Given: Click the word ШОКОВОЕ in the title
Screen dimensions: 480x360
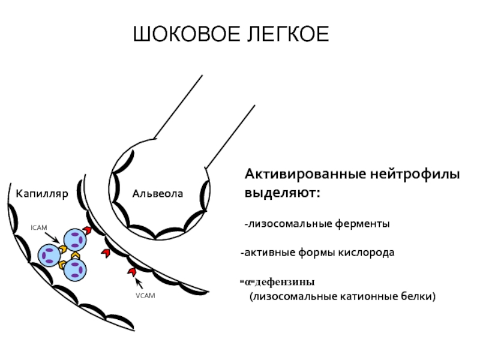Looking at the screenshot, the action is [187, 34].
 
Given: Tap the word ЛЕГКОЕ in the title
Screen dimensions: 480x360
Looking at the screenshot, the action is [288, 34].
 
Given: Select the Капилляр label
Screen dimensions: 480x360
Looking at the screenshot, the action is [42, 194].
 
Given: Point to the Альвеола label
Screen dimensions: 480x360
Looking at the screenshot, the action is [158, 194].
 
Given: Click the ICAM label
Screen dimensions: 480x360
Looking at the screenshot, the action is [39, 228].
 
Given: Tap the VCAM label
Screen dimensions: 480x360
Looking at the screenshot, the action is [145, 296].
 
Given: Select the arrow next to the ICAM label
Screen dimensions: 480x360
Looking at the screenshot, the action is [52, 238].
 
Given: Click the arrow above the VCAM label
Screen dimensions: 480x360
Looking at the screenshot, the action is [139, 283].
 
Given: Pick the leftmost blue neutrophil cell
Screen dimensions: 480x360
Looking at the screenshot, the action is [49, 256].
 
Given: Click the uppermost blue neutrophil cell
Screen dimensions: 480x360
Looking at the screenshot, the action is [75, 239].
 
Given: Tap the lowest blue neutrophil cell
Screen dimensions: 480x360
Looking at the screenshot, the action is [75, 269].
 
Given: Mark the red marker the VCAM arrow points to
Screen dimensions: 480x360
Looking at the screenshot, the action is [132, 272].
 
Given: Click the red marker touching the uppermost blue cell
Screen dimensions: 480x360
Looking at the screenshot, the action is [88, 230].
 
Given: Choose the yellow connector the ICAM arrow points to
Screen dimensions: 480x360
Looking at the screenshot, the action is [63, 249].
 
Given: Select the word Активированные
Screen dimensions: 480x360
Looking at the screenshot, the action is [305, 174].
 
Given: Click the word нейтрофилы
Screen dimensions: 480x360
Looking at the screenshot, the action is [415, 174].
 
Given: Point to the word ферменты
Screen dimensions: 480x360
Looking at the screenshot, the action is [362, 224].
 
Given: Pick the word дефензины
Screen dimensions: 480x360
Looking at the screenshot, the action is [284, 282].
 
